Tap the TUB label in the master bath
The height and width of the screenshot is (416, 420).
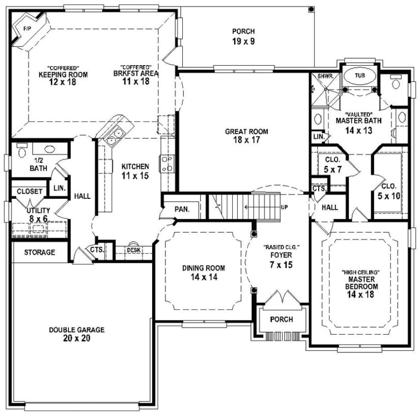[360, 75]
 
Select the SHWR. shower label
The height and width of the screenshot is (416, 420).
[325, 76]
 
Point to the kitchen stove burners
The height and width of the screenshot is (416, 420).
[166, 163]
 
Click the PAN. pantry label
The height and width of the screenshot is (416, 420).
[181, 209]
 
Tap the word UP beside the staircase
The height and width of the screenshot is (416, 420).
[284, 207]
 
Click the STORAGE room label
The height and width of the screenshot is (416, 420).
[40, 252]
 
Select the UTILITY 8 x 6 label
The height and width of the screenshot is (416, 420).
[39, 214]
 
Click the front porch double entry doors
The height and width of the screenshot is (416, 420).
[282, 299]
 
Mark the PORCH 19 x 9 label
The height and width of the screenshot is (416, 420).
[242, 36]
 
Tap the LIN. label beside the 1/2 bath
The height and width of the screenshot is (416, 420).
[60, 188]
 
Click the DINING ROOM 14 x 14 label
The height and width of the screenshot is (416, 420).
[203, 272]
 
